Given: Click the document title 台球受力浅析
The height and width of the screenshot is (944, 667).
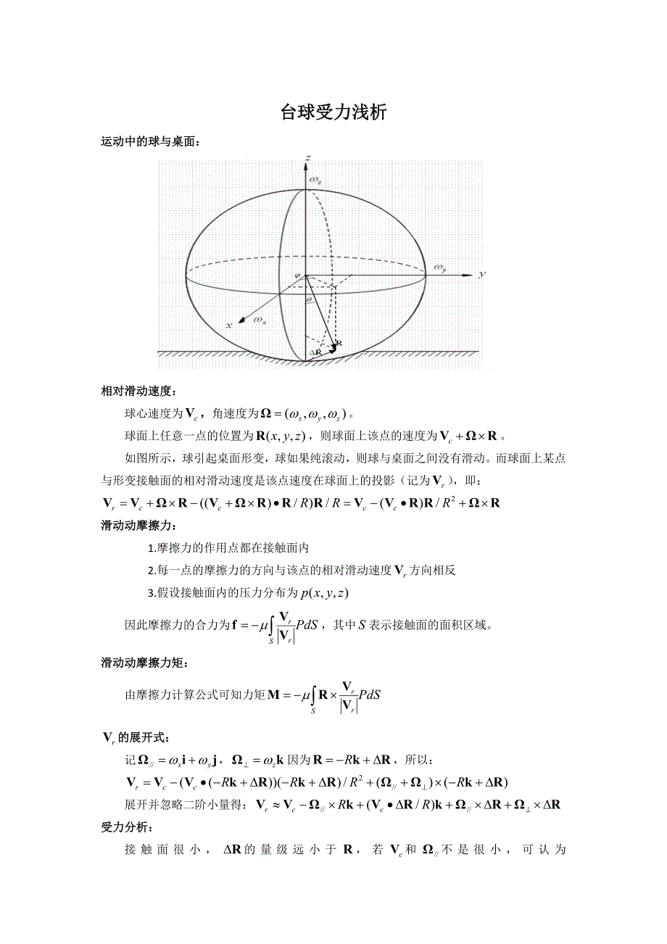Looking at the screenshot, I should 333,112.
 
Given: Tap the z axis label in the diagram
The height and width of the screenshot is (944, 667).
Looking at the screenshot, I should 309,157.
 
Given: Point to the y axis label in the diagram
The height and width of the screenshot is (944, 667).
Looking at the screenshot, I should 481,275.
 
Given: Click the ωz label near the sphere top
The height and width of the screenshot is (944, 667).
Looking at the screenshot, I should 315,179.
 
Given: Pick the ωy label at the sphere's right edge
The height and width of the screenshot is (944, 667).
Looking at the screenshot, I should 440,268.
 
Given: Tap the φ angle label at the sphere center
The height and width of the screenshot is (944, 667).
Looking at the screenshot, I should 297,275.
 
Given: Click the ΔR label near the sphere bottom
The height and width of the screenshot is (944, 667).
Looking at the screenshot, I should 315,352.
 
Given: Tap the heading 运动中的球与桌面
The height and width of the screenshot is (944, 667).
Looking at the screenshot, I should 150,142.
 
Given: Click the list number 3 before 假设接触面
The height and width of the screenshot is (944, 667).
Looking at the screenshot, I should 150,593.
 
